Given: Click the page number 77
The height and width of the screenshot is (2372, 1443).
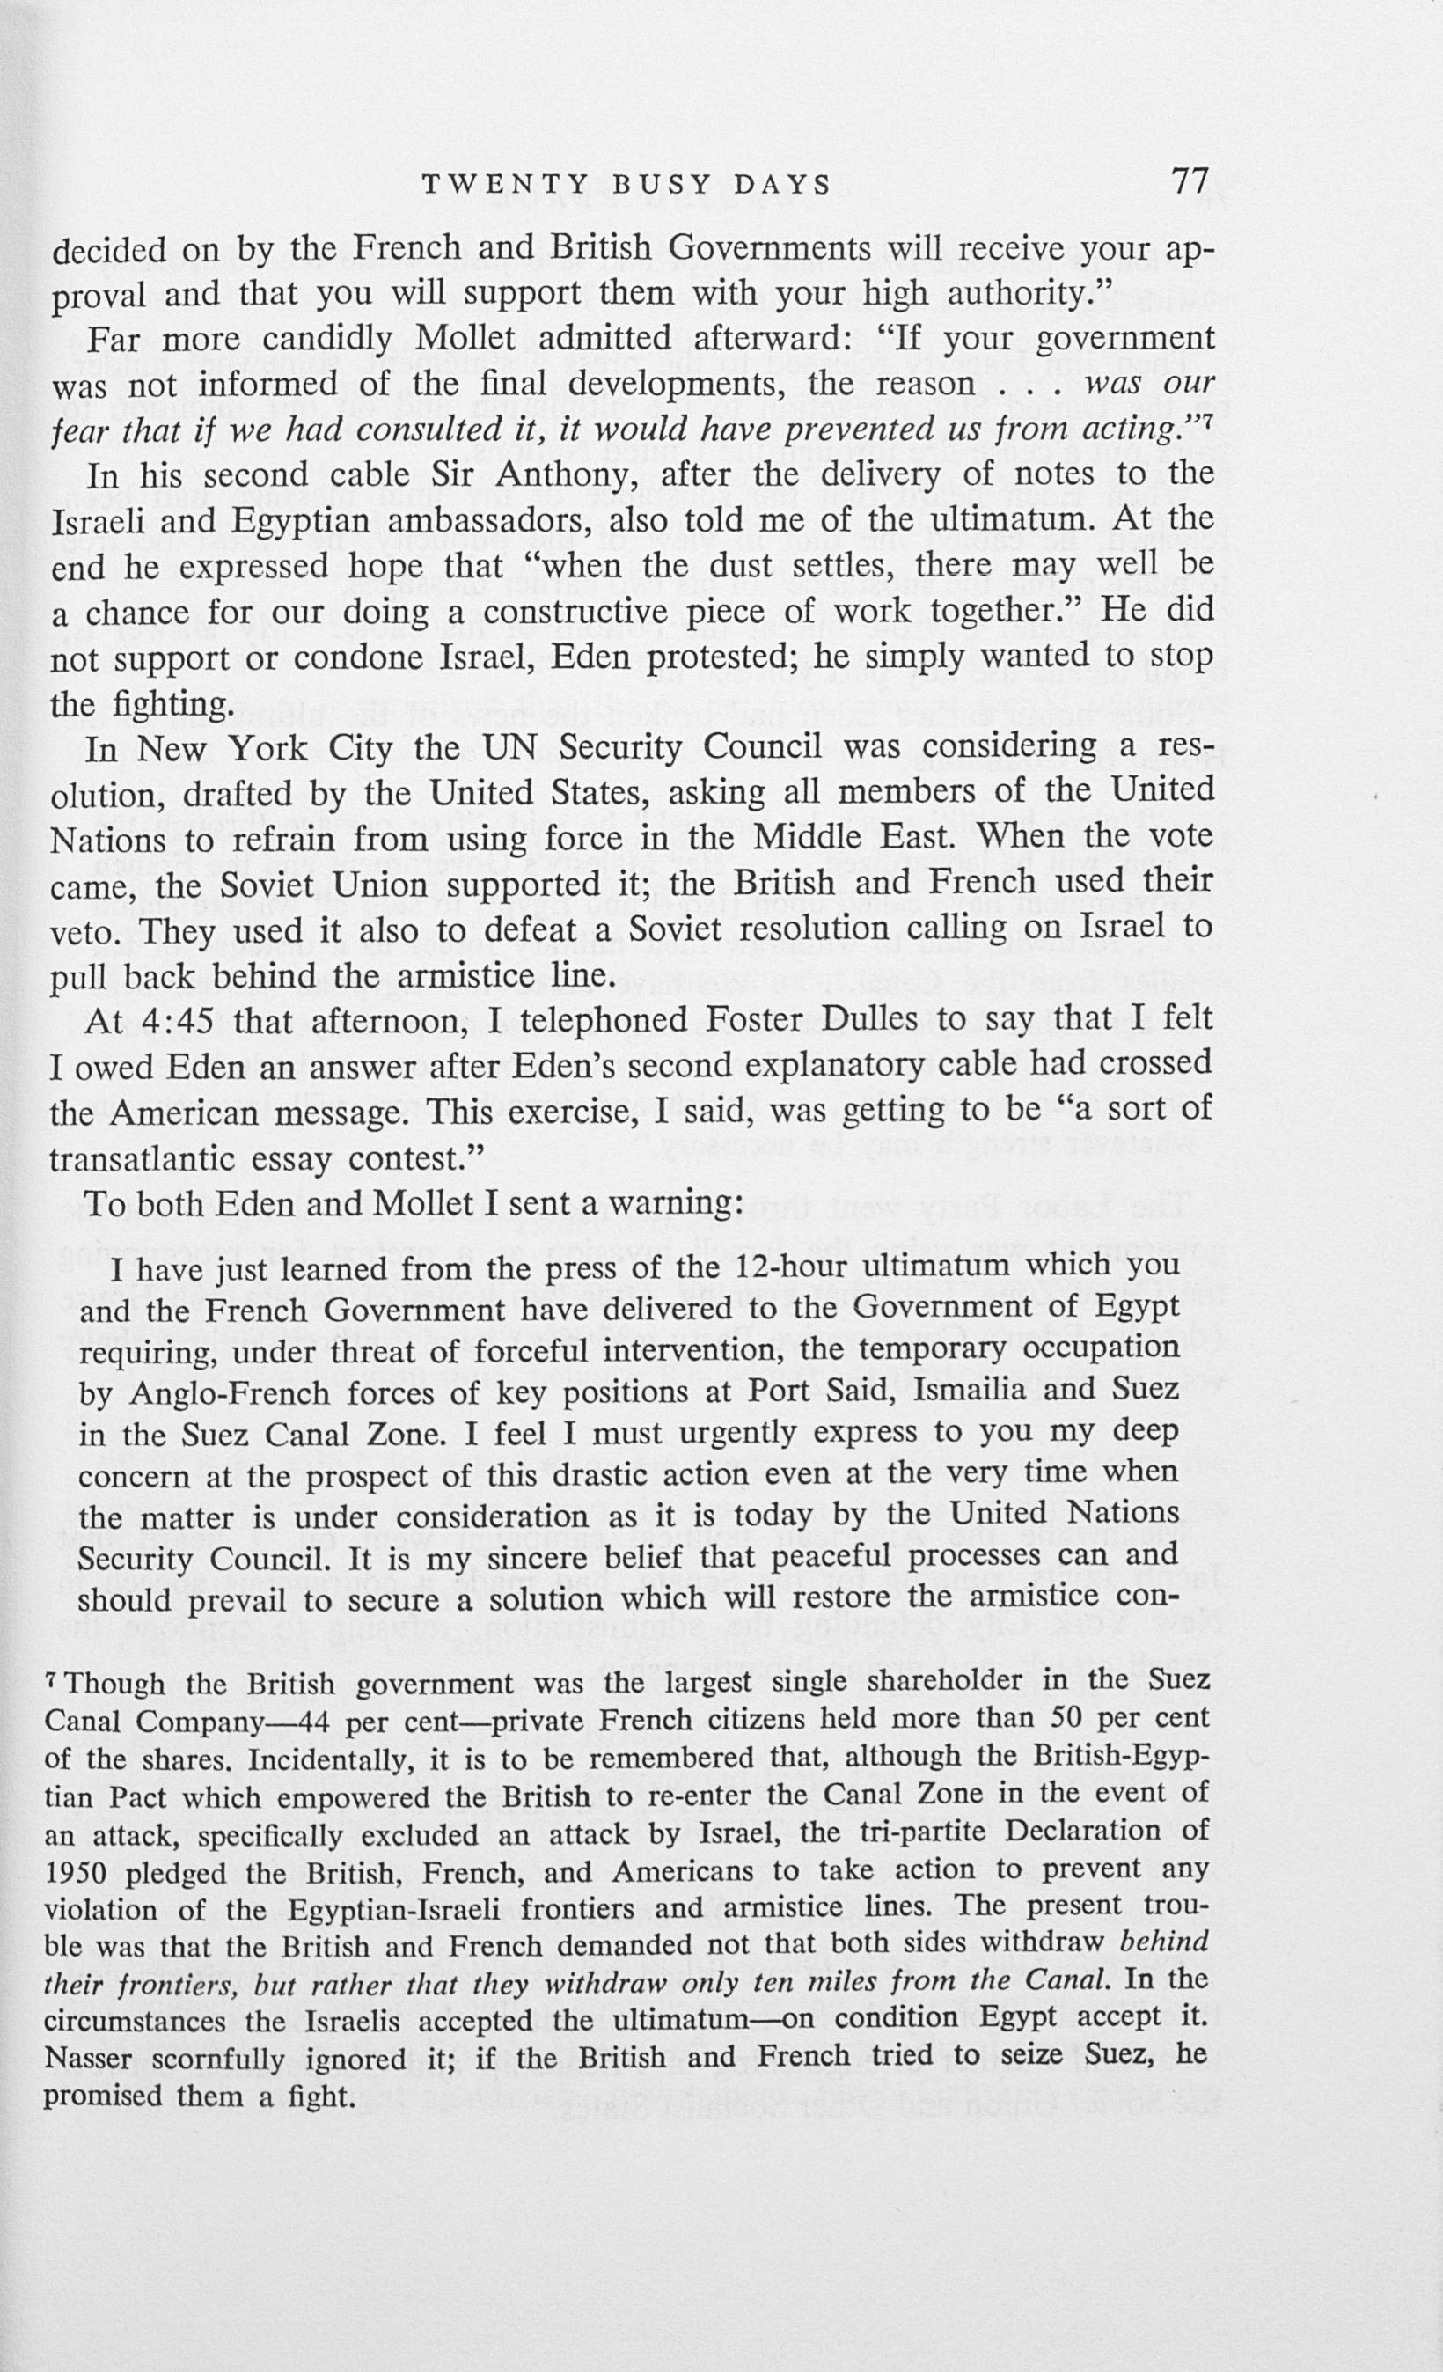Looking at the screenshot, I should click(1190, 181).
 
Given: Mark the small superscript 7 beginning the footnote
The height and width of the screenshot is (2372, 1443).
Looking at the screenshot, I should click(52, 1679).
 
